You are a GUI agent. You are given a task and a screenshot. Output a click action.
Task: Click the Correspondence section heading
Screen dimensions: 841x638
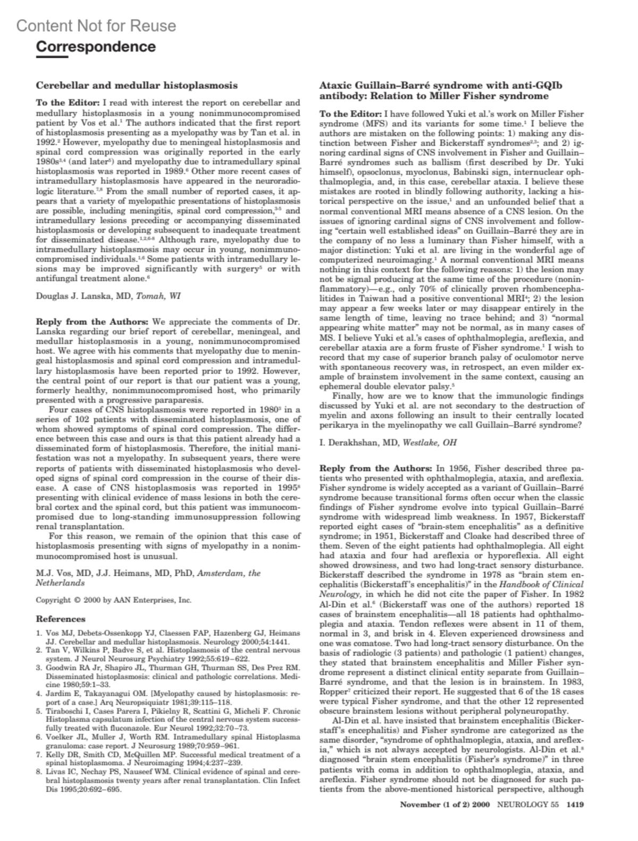[96, 47]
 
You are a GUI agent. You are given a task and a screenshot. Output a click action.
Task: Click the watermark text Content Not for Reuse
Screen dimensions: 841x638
[96, 26]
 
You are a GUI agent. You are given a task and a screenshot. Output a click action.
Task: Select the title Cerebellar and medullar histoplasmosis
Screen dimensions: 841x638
[137, 85]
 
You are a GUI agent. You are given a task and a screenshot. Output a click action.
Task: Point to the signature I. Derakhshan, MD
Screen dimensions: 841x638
[359, 442]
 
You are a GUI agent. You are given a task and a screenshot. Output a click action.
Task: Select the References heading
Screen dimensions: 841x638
[61, 619]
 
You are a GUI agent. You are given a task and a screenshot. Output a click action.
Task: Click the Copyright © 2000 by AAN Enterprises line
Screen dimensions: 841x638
[113, 600]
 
